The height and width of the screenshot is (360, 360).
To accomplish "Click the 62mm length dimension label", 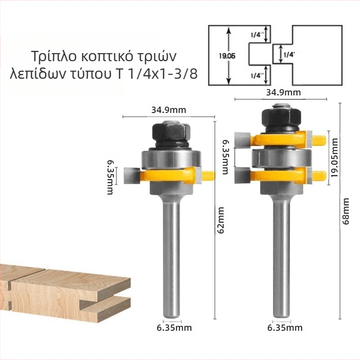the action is [x=220, y=220].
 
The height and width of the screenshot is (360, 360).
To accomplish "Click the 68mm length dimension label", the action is [x=346, y=211].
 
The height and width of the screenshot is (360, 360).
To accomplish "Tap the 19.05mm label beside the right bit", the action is [x=335, y=158].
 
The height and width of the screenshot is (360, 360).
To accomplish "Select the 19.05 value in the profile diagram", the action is [x=227, y=56].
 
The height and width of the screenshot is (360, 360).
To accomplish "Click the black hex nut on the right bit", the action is [x=282, y=117].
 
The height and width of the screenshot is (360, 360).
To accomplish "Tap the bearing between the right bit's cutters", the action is [x=282, y=159].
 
